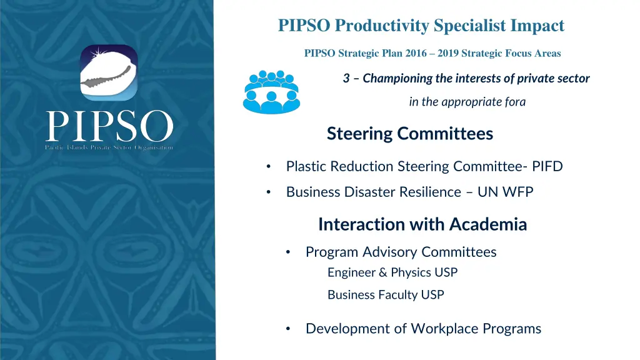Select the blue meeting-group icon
click(271, 92)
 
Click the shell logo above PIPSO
click(109, 72)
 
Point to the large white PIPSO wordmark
click(109, 127)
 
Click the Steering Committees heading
click(409, 134)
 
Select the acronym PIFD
click(547, 166)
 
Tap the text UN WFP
click(505, 192)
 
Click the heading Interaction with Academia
click(422, 224)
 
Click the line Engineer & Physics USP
click(392, 272)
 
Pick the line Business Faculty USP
click(386, 295)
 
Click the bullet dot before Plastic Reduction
click(268, 167)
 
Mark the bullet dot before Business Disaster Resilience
click(268, 192)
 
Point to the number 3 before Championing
click(346, 79)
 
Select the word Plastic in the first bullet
click(306, 166)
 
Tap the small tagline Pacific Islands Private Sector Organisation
click(109, 147)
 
